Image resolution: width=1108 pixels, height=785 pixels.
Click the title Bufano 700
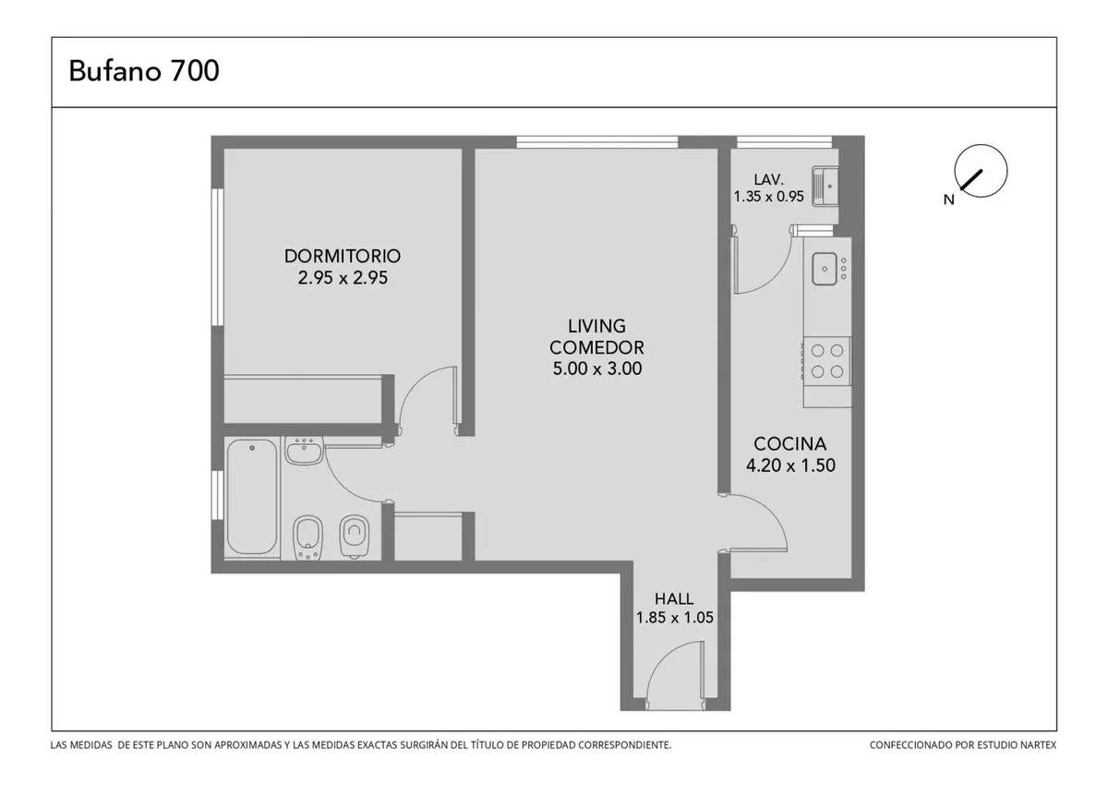coord(144,71)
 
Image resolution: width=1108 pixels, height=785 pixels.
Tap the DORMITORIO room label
coord(343,256)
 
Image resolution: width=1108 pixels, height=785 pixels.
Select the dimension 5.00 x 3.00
coord(597,368)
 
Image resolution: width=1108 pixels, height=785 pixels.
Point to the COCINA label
coord(790,443)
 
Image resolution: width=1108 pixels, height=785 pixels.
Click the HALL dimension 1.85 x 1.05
coord(675,618)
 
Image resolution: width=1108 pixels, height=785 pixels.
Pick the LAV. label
coord(768,179)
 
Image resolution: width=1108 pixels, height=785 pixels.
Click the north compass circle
coord(981,171)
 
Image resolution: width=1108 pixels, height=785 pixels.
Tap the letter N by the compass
coord(948,199)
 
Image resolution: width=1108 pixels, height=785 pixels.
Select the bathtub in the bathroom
coord(252,497)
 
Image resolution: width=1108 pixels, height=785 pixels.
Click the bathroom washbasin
coord(304,451)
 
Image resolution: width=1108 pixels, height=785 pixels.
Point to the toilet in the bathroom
coord(355,537)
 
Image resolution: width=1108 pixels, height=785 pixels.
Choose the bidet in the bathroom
coord(307,538)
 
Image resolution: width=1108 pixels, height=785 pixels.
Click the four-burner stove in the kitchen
coord(826,361)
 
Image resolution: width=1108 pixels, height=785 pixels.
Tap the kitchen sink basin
coord(824,269)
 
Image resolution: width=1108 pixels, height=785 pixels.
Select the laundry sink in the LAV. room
coord(825,187)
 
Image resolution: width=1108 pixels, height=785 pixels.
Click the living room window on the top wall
coord(597,142)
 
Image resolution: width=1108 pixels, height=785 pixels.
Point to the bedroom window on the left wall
coord(218,258)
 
